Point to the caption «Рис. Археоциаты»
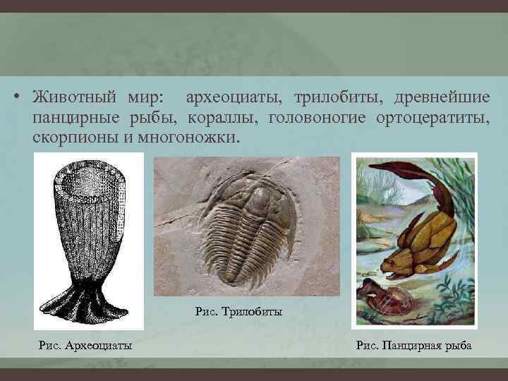click(86, 344)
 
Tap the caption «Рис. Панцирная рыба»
click(414, 344)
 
